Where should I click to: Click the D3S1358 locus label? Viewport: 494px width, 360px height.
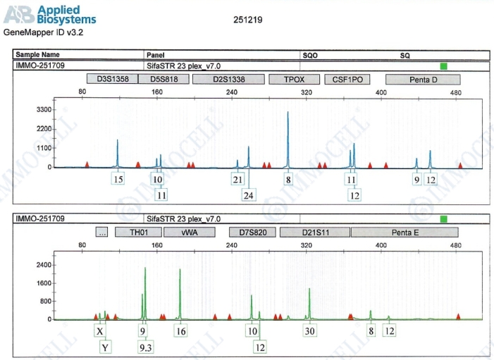tap(113, 80)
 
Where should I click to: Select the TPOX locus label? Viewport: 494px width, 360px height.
tap(294, 80)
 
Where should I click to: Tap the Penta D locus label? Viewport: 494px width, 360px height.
tap(424, 80)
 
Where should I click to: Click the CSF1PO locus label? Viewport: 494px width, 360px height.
tap(347, 80)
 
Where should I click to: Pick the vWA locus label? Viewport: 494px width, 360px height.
tap(189, 232)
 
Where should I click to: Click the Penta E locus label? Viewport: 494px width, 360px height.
tap(405, 232)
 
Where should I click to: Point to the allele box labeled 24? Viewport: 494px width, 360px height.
tap(248, 195)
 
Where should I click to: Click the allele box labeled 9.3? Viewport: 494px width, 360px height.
tap(147, 347)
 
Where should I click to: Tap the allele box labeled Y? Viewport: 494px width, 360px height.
tap(105, 347)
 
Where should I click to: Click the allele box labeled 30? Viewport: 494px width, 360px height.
tap(309, 330)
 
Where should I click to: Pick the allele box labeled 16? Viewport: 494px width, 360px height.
tap(181, 330)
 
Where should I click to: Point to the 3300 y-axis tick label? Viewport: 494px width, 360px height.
tap(44, 110)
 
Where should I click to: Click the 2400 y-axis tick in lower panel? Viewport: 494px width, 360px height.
tap(44, 265)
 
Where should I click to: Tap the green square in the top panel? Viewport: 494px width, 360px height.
tap(444, 66)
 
